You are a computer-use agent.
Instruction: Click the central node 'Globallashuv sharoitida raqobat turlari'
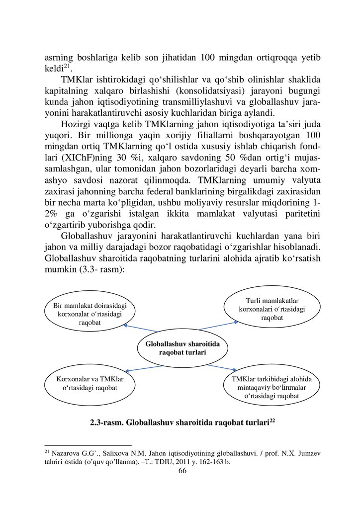pos(182,348)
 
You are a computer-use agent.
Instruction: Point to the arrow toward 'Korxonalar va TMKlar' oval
pos(144,368)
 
